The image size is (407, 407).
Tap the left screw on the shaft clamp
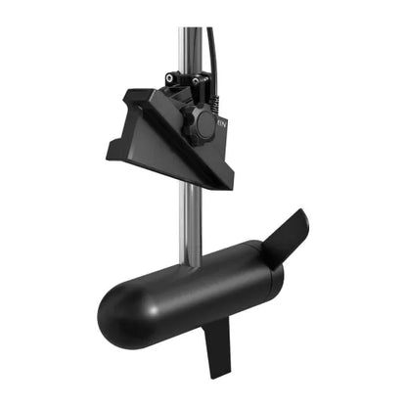pos(172,77)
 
